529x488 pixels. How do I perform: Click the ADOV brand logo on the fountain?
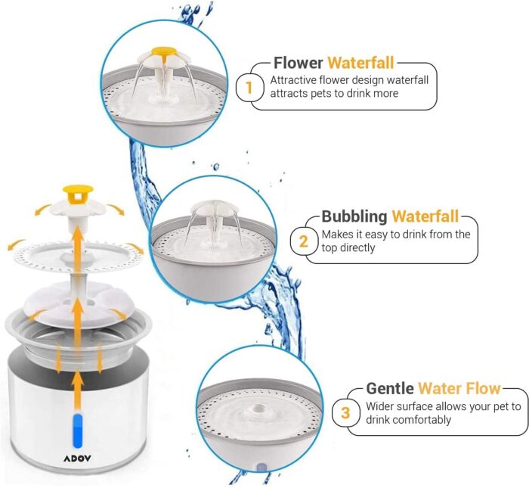pyautogui.click(x=77, y=458)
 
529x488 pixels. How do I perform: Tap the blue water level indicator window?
pyautogui.click(x=79, y=430)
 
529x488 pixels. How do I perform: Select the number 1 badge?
pyautogui.click(x=249, y=88)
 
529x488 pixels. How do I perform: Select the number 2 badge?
pyautogui.click(x=304, y=241)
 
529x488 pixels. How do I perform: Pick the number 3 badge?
pyautogui.click(x=345, y=412)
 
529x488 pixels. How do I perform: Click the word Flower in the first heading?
pyautogui.click(x=299, y=63)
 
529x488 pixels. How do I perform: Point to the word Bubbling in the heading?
pyautogui.click(x=354, y=216)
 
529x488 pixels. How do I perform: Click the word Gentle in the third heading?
pyautogui.click(x=390, y=388)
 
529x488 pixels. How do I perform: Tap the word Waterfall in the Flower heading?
pyautogui.click(x=361, y=63)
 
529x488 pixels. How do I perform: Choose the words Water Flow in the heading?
pyautogui.click(x=459, y=388)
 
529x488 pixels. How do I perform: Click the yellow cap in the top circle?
pyautogui.click(x=164, y=52)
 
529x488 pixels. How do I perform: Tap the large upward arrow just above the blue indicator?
pyautogui.click(x=78, y=389)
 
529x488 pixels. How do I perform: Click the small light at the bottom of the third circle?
pyautogui.click(x=261, y=468)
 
